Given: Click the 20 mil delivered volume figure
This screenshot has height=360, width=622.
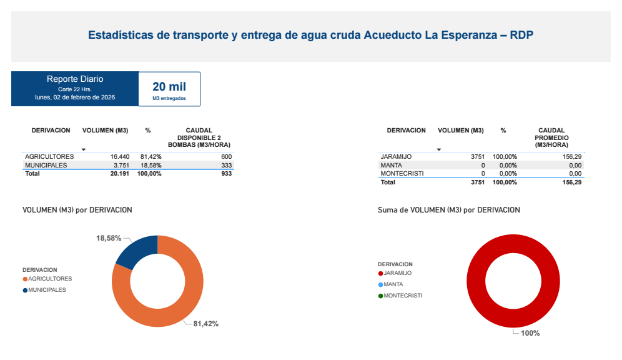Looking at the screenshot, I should pyautogui.click(x=169, y=87).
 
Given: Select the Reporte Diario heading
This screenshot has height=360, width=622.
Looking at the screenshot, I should pyautogui.click(x=75, y=79).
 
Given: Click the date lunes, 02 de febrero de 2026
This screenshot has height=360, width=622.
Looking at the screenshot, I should pyautogui.click(x=75, y=97).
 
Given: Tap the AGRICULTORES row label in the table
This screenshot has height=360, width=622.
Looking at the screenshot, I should pyautogui.click(x=49, y=156).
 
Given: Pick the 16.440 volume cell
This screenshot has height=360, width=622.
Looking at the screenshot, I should pyautogui.click(x=119, y=156).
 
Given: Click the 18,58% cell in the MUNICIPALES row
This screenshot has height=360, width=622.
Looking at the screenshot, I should pyautogui.click(x=151, y=165).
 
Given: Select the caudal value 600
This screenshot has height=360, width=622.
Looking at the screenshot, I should pyautogui.click(x=226, y=156).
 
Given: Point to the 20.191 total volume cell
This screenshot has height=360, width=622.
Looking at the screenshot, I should pyautogui.click(x=119, y=174).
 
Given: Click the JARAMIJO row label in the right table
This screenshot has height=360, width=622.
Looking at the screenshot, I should pyautogui.click(x=396, y=156).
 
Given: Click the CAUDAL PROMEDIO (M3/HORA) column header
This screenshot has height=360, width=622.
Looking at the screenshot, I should pyautogui.click(x=551, y=137).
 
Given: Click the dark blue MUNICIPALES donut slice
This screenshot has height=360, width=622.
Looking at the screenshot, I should pyautogui.click(x=136, y=250).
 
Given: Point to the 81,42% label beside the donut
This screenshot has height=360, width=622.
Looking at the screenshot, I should pyautogui.click(x=205, y=324).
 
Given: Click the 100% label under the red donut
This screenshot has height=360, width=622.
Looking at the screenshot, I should pyautogui.click(x=530, y=333).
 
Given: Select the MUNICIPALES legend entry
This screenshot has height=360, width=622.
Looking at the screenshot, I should pyautogui.click(x=47, y=290).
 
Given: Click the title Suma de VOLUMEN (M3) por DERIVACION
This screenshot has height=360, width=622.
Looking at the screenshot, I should pyautogui.click(x=448, y=210).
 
